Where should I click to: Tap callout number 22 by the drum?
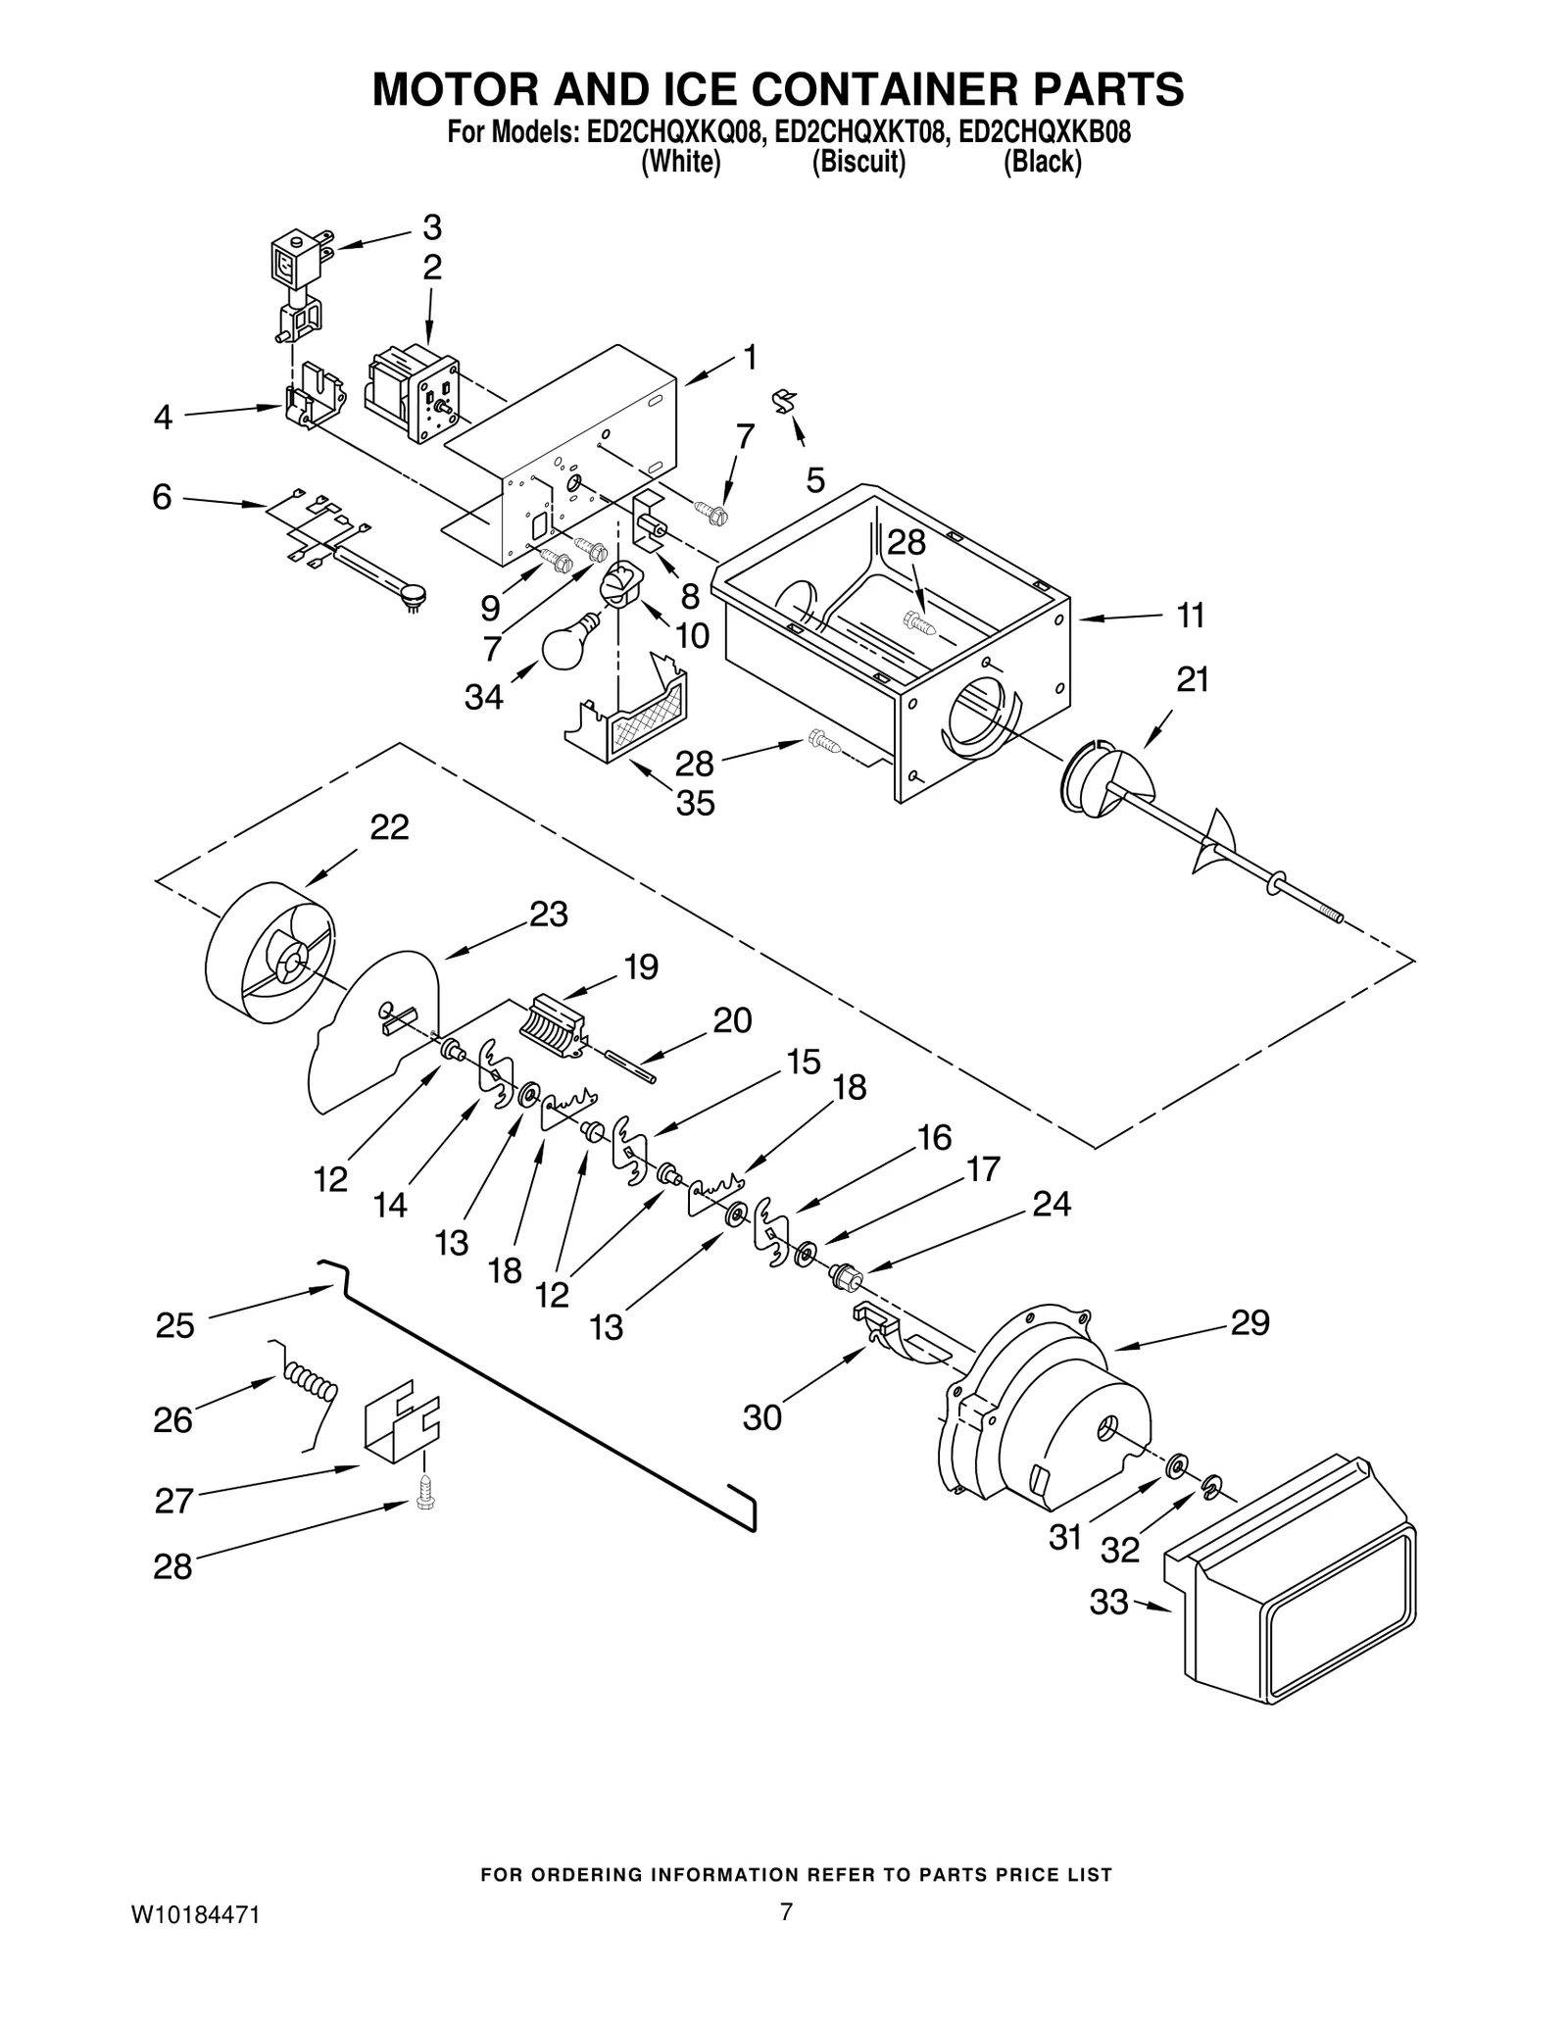point(389,827)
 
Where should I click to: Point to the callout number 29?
point(1249,1323)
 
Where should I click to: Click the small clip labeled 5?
point(786,401)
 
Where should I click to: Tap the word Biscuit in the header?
point(858,162)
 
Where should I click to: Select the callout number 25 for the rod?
point(175,1325)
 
